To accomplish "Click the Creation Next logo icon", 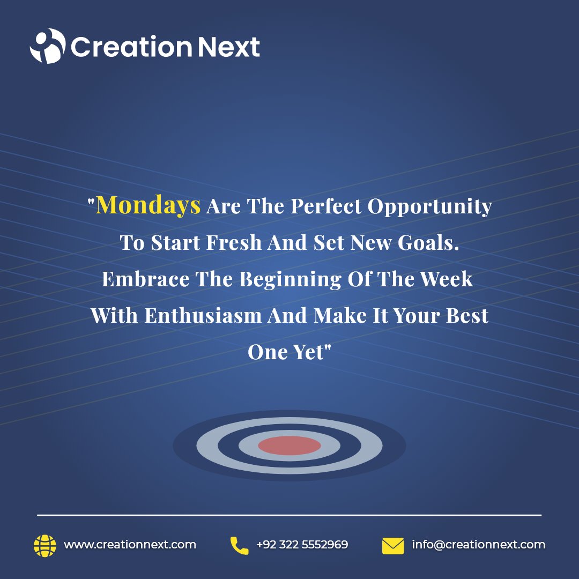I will click(x=47, y=46).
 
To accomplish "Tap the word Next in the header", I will click(x=228, y=47).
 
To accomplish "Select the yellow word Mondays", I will click(x=149, y=205).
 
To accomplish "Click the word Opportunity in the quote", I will click(x=430, y=207).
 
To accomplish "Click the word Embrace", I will click(x=145, y=279).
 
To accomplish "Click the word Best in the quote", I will click(x=467, y=315).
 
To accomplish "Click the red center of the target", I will click(x=289, y=445).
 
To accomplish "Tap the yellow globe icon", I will click(x=44, y=545).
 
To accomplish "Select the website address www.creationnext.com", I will click(x=130, y=545).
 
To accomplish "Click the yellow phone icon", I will click(x=239, y=545).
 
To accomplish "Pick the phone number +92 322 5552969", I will click(x=302, y=545).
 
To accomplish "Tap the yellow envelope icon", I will click(x=393, y=546).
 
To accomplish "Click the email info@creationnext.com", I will click(x=478, y=545).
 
